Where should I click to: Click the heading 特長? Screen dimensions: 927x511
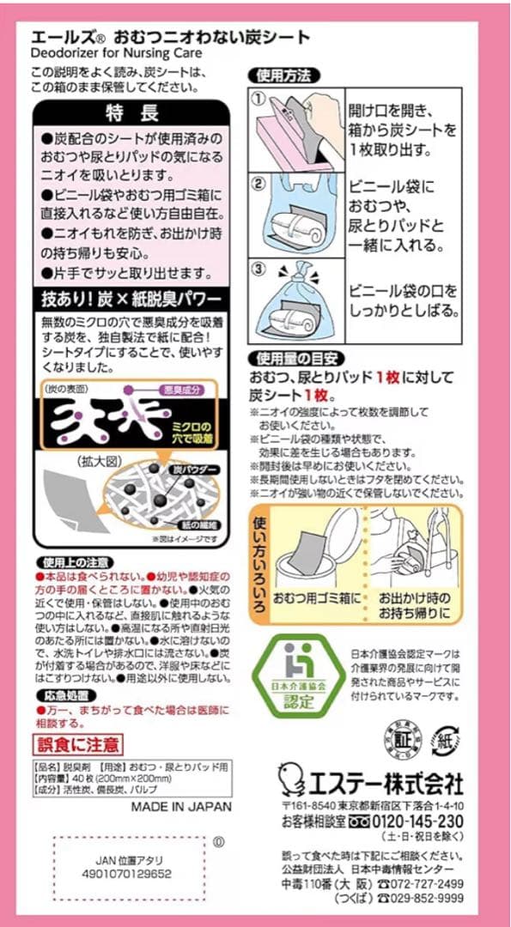[x=132, y=112]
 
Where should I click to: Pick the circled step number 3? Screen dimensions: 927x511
[x=259, y=268]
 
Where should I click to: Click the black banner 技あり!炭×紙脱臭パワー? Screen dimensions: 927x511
[x=132, y=300]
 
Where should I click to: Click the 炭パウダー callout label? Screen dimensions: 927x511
[x=197, y=470]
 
